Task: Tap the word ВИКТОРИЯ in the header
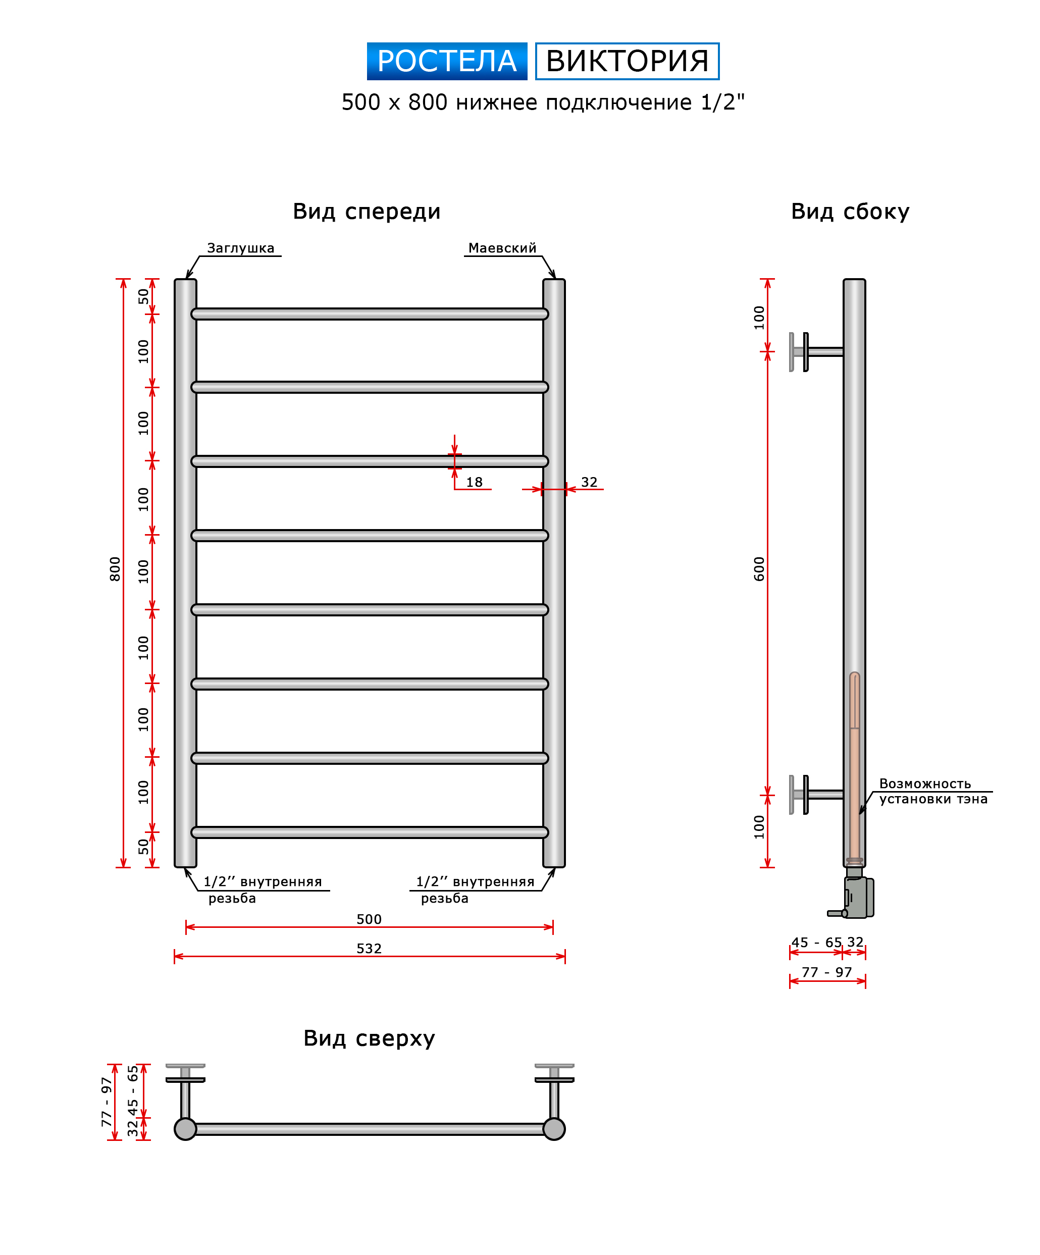(627, 61)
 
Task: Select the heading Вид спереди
(367, 212)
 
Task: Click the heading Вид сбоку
(850, 212)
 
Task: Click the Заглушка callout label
(241, 248)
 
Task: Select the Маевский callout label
(502, 248)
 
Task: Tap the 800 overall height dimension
(115, 569)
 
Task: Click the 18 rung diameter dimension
(474, 482)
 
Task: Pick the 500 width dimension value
(369, 919)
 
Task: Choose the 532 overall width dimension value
(369, 949)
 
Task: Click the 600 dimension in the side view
(759, 569)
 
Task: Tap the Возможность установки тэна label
(933, 791)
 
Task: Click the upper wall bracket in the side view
(816, 352)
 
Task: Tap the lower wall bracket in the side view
(816, 794)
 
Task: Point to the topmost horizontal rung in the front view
(370, 314)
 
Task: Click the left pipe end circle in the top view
(185, 1129)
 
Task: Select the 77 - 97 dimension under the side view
(826, 972)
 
